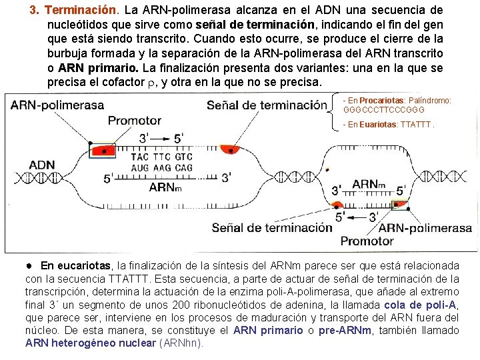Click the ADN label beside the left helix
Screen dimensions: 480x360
(42, 165)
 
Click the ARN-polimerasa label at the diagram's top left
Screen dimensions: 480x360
(57, 105)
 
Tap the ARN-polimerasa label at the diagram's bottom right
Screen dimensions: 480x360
(429, 227)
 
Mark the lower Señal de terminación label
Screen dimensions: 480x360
(271, 227)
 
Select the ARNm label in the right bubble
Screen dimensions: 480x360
(369, 184)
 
